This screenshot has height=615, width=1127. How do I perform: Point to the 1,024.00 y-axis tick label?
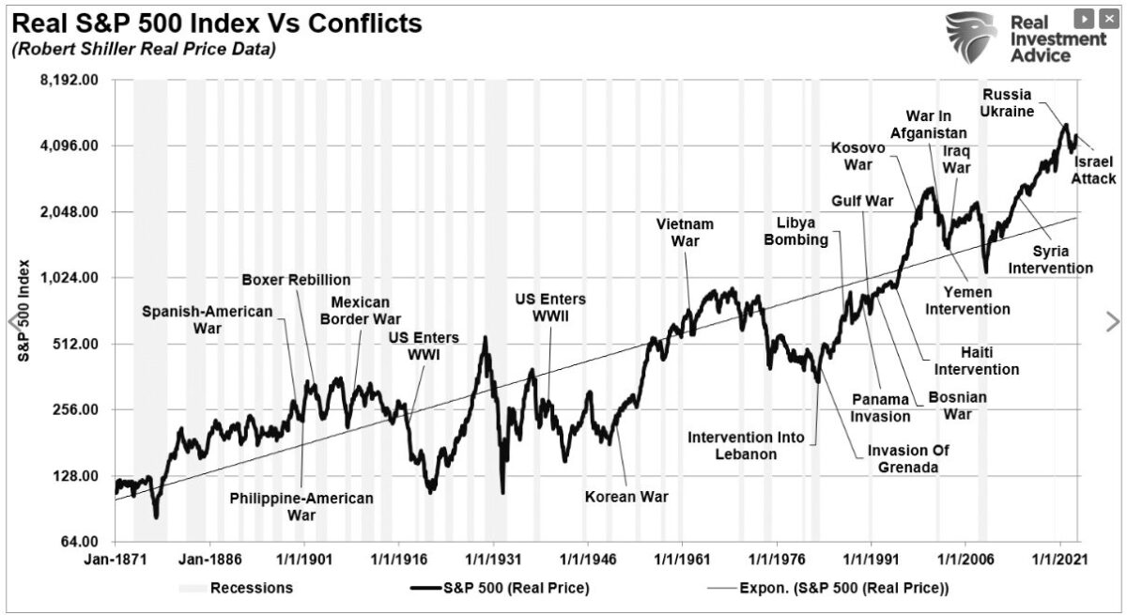coord(69,278)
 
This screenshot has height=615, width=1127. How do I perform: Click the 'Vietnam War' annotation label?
coord(685,233)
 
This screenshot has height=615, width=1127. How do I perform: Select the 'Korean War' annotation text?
coord(626,497)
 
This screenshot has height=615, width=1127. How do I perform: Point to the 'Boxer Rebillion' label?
coord(296,279)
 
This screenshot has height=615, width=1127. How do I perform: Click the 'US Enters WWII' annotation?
coord(549,307)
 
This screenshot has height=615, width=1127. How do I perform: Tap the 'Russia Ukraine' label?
coord(1006,103)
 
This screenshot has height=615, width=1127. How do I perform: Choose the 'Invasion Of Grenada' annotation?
coord(907,458)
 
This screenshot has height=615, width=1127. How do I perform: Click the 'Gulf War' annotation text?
coord(861,201)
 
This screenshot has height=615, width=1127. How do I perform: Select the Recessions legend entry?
coord(251,589)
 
